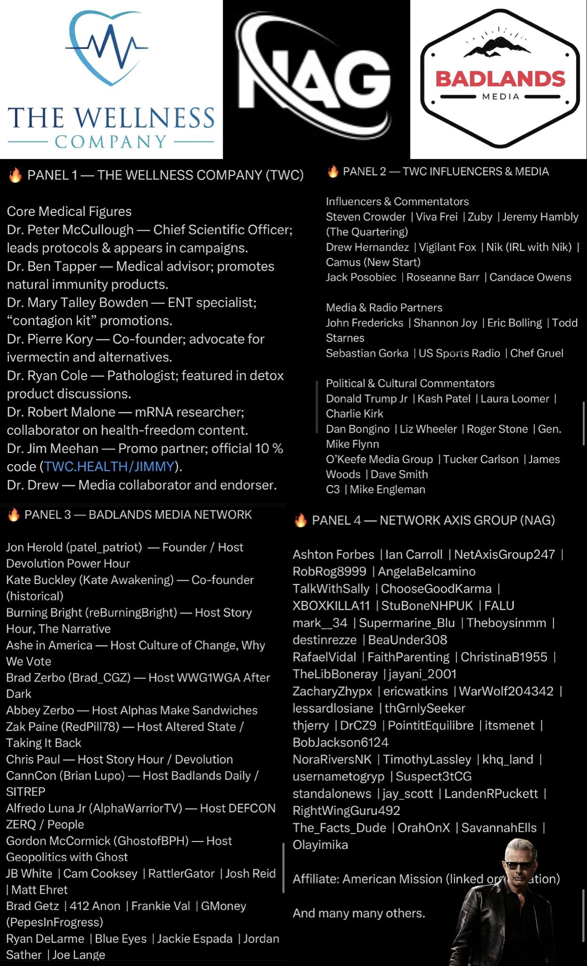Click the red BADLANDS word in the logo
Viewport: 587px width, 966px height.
500,79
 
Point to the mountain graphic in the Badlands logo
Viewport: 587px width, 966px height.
500,45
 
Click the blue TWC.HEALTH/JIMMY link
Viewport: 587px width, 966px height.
109,466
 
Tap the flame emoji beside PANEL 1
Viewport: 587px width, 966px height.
15,175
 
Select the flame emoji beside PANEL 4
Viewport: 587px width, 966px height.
300,520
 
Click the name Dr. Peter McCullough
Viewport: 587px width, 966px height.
70,230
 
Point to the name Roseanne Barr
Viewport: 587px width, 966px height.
443,277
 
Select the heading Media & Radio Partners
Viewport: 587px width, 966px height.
384,308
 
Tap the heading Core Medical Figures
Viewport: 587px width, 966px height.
69,211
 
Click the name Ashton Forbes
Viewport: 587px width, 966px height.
333,554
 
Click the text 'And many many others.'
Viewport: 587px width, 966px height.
359,913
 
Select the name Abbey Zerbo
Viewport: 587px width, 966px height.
40,710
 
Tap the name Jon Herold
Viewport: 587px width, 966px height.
34,547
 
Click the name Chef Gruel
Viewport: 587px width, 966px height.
537,353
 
